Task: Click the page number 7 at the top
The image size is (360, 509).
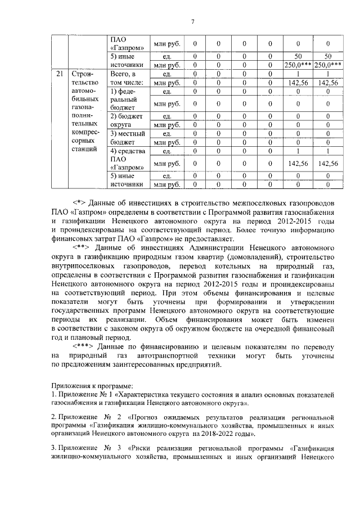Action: pos(192,22)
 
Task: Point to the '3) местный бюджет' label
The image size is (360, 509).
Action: pos(127,138)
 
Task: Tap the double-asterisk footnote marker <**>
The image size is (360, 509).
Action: pos(84,247)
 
